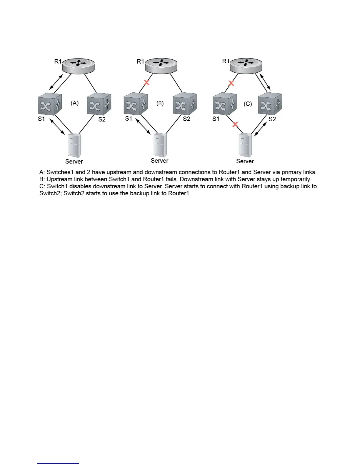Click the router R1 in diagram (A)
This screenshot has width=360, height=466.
[x=78, y=66]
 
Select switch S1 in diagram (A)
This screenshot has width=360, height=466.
[x=50, y=104]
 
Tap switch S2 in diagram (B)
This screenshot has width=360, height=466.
[x=185, y=104]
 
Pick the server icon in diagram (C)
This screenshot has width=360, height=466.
[x=245, y=145]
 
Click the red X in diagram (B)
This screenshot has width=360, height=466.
[x=146, y=82]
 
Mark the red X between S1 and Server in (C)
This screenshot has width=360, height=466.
[x=235, y=124]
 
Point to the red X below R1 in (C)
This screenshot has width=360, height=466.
[x=231, y=83]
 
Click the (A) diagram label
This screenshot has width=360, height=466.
[x=75, y=103]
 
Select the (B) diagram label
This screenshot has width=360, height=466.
[x=160, y=103]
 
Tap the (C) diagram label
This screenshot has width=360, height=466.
[x=248, y=104]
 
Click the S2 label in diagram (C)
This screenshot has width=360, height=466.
[x=272, y=119]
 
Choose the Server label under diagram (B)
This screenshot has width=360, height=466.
[x=159, y=161]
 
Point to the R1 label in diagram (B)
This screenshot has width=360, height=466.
[x=140, y=61]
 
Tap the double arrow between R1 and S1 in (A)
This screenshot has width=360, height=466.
[x=56, y=82]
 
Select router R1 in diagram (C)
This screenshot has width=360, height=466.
[x=246, y=65]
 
